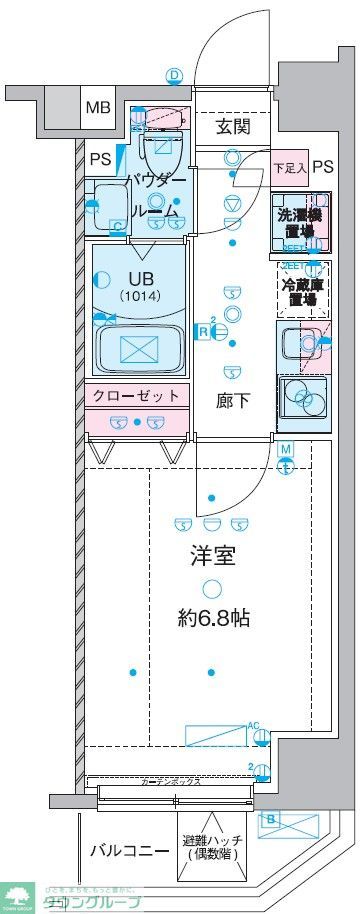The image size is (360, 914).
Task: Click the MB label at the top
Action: coord(97,107)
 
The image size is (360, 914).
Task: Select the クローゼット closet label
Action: coord(137,396)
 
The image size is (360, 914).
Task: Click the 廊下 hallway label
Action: coord(232,400)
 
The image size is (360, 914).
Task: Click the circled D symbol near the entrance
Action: coord(174,76)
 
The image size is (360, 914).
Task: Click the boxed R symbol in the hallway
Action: coord(203,331)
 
